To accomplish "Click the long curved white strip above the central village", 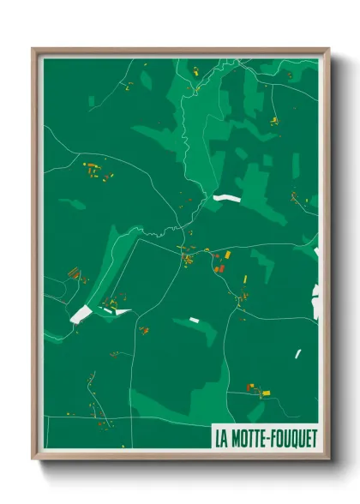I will pos(227,198).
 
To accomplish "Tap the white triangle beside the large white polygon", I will pos(123,311).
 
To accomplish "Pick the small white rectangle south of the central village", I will pos(194,320).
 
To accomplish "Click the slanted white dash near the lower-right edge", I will pos(298,353).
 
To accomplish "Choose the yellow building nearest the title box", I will pos(266,393).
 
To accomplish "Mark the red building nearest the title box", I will pos(250,388).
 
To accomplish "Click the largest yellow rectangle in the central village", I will pos(228,255).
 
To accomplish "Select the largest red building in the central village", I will pos(219,268).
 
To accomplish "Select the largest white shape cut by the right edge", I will pos(315,304).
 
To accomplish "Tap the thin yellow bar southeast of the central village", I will pos(244,280).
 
